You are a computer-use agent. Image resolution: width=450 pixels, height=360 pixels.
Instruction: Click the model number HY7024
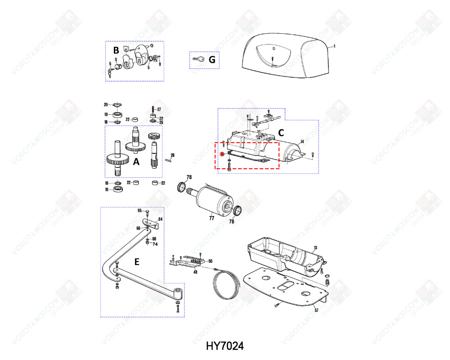(x=225, y=346)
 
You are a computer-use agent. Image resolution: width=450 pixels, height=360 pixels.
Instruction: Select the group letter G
(x=212, y=59)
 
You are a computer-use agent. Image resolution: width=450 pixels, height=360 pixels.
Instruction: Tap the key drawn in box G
(x=198, y=59)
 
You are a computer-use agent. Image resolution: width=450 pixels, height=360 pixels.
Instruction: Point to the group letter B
(x=116, y=50)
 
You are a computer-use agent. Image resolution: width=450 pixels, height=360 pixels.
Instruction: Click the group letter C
(x=280, y=133)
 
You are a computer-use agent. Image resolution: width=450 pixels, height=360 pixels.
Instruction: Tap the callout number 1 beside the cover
(x=334, y=46)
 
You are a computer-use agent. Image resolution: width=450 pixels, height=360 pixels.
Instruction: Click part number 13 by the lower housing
(x=315, y=248)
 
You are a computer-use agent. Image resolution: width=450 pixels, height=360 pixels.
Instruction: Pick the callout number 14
(x=302, y=142)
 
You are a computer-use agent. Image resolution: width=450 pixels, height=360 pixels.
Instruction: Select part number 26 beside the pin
(x=172, y=155)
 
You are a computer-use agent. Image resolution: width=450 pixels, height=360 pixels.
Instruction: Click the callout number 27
(x=159, y=109)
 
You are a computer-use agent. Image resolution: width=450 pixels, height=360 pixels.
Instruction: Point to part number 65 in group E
(x=139, y=211)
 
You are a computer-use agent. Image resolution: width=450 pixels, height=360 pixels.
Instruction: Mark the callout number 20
(x=106, y=105)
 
